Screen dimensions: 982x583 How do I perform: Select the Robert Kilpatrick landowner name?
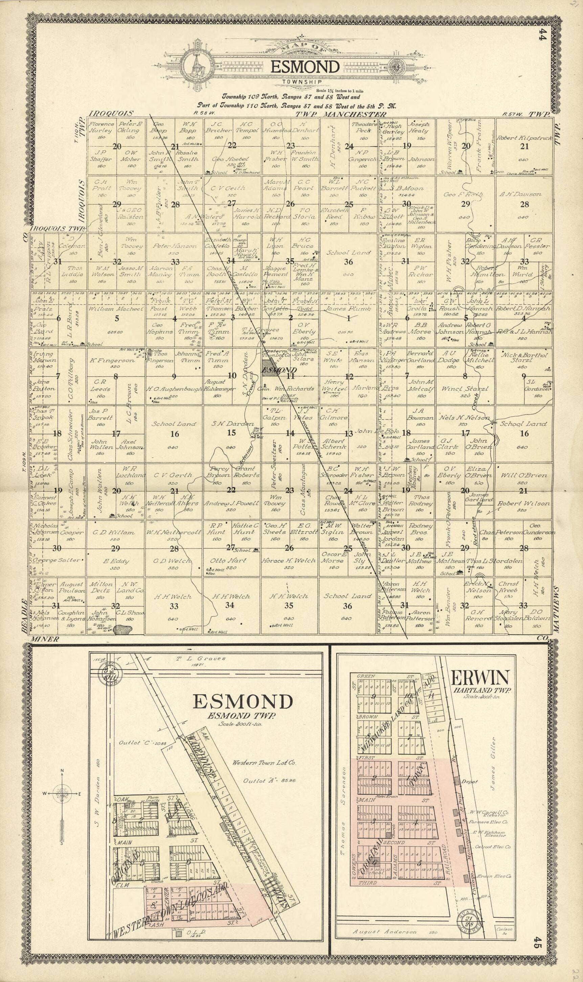[524, 138]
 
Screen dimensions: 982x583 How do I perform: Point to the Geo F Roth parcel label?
[463, 194]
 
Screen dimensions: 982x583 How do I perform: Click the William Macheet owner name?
[116, 309]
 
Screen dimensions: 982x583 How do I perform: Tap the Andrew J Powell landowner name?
[231, 503]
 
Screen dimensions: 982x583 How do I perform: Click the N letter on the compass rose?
[62, 770]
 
